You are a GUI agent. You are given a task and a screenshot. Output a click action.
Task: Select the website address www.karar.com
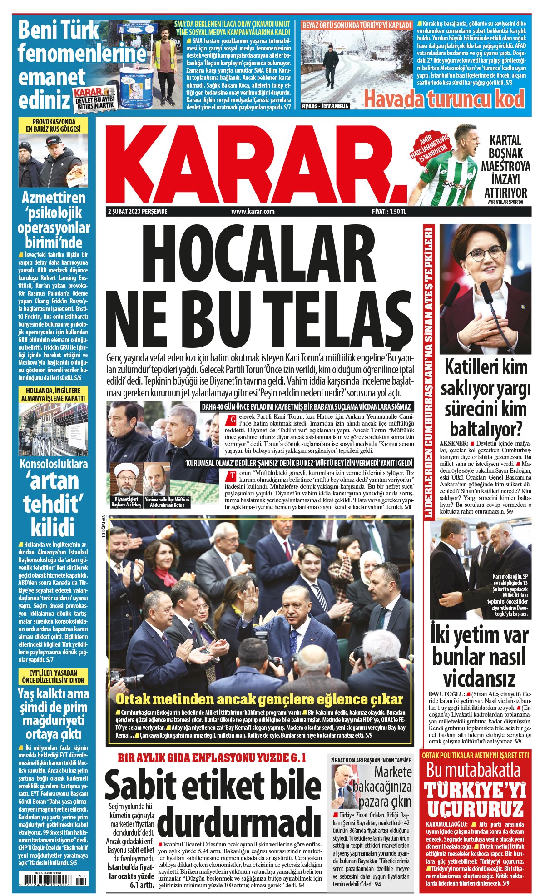253,212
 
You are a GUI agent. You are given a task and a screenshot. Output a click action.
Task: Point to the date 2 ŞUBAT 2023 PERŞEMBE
138,212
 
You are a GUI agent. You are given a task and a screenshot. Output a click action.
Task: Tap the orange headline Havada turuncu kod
444,99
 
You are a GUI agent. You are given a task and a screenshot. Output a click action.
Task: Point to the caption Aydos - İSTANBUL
326,106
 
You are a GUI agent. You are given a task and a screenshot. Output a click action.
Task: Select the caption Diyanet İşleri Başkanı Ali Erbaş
126,502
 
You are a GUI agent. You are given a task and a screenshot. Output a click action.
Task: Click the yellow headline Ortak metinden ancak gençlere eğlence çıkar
259,699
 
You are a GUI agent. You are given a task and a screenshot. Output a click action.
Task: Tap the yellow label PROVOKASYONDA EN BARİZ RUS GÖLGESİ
54,125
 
